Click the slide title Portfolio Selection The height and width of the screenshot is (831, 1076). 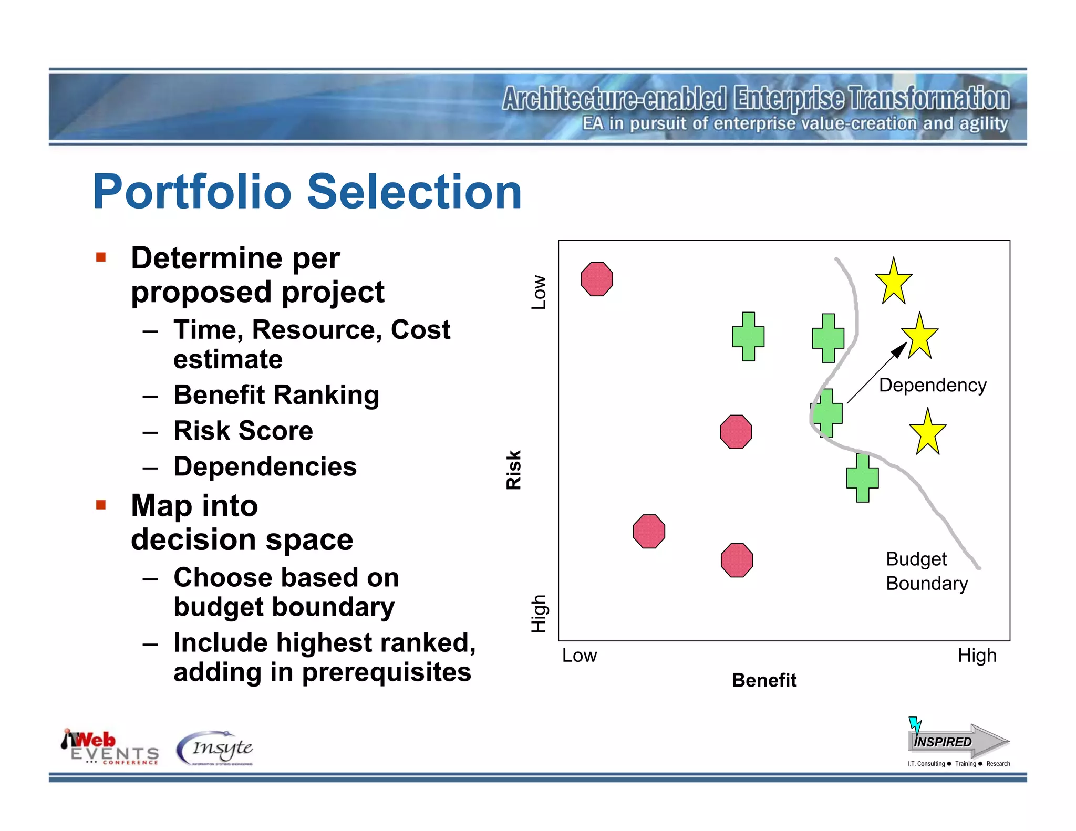coord(307,192)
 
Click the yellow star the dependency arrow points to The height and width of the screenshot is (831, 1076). coord(920,337)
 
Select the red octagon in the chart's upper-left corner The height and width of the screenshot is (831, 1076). coord(597,279)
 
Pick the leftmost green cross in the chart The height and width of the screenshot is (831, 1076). coord(748,337)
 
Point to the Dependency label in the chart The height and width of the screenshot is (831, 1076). coord(933,385)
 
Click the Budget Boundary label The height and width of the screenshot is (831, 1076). coord(926,571)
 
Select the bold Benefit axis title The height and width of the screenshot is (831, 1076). coord(764,680)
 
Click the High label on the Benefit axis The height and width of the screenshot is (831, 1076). coord(977,656)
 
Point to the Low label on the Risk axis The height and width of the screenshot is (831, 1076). coord(539,292)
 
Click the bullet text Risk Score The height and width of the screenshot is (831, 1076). coord(243,431)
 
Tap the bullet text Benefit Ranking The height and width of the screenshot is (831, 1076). coord(276,395)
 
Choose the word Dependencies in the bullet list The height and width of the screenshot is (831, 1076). coord(265,466)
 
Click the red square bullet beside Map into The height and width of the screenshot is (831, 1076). coord(101,505)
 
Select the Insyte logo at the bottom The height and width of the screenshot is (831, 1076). coord(215,749)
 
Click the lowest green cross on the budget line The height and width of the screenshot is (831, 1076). coord(862,477)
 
